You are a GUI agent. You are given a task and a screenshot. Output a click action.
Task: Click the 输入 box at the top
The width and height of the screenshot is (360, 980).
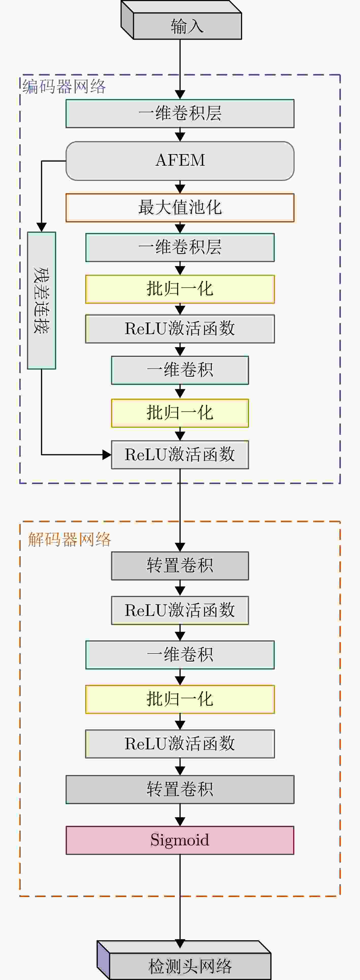[187, 26]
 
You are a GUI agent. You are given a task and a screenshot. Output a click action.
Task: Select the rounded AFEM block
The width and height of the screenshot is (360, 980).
[180, 161]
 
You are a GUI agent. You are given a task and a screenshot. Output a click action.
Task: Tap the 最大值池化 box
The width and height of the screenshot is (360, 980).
[180, 208]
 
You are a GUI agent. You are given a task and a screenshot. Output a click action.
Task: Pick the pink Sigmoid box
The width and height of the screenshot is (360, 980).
[180, 840]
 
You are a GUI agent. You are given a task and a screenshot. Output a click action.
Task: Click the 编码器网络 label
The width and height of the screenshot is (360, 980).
[64, 87]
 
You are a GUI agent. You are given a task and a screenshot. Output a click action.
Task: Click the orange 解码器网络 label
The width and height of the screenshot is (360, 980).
[70, 539]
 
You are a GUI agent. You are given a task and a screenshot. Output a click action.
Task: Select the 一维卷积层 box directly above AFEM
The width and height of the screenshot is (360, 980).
[180, 113]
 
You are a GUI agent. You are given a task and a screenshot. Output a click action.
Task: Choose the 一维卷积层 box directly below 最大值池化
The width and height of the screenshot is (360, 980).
[180, 247]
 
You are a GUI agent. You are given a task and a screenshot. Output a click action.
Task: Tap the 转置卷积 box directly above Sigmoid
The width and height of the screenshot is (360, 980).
[180, 789]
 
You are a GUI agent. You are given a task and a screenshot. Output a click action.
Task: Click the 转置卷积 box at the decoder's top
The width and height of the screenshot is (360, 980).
[180, 566]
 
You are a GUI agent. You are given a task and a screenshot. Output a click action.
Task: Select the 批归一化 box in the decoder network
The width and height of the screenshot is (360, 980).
[180, 699]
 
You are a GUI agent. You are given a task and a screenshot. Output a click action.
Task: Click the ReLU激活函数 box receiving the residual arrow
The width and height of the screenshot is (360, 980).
[180, 455]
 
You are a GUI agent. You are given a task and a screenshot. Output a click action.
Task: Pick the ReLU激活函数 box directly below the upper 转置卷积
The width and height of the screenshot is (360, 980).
[180, 610]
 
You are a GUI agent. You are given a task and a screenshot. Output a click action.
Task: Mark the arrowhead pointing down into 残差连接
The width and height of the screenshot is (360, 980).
[41, 227]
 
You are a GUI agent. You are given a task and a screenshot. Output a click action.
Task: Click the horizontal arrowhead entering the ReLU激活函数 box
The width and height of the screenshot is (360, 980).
[106, 455]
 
